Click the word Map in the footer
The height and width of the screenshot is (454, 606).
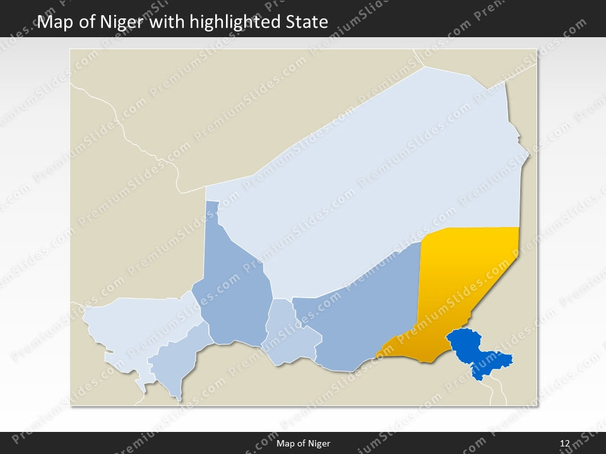(x=285, y=444)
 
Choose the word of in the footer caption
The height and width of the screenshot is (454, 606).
(x=300, y=444)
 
